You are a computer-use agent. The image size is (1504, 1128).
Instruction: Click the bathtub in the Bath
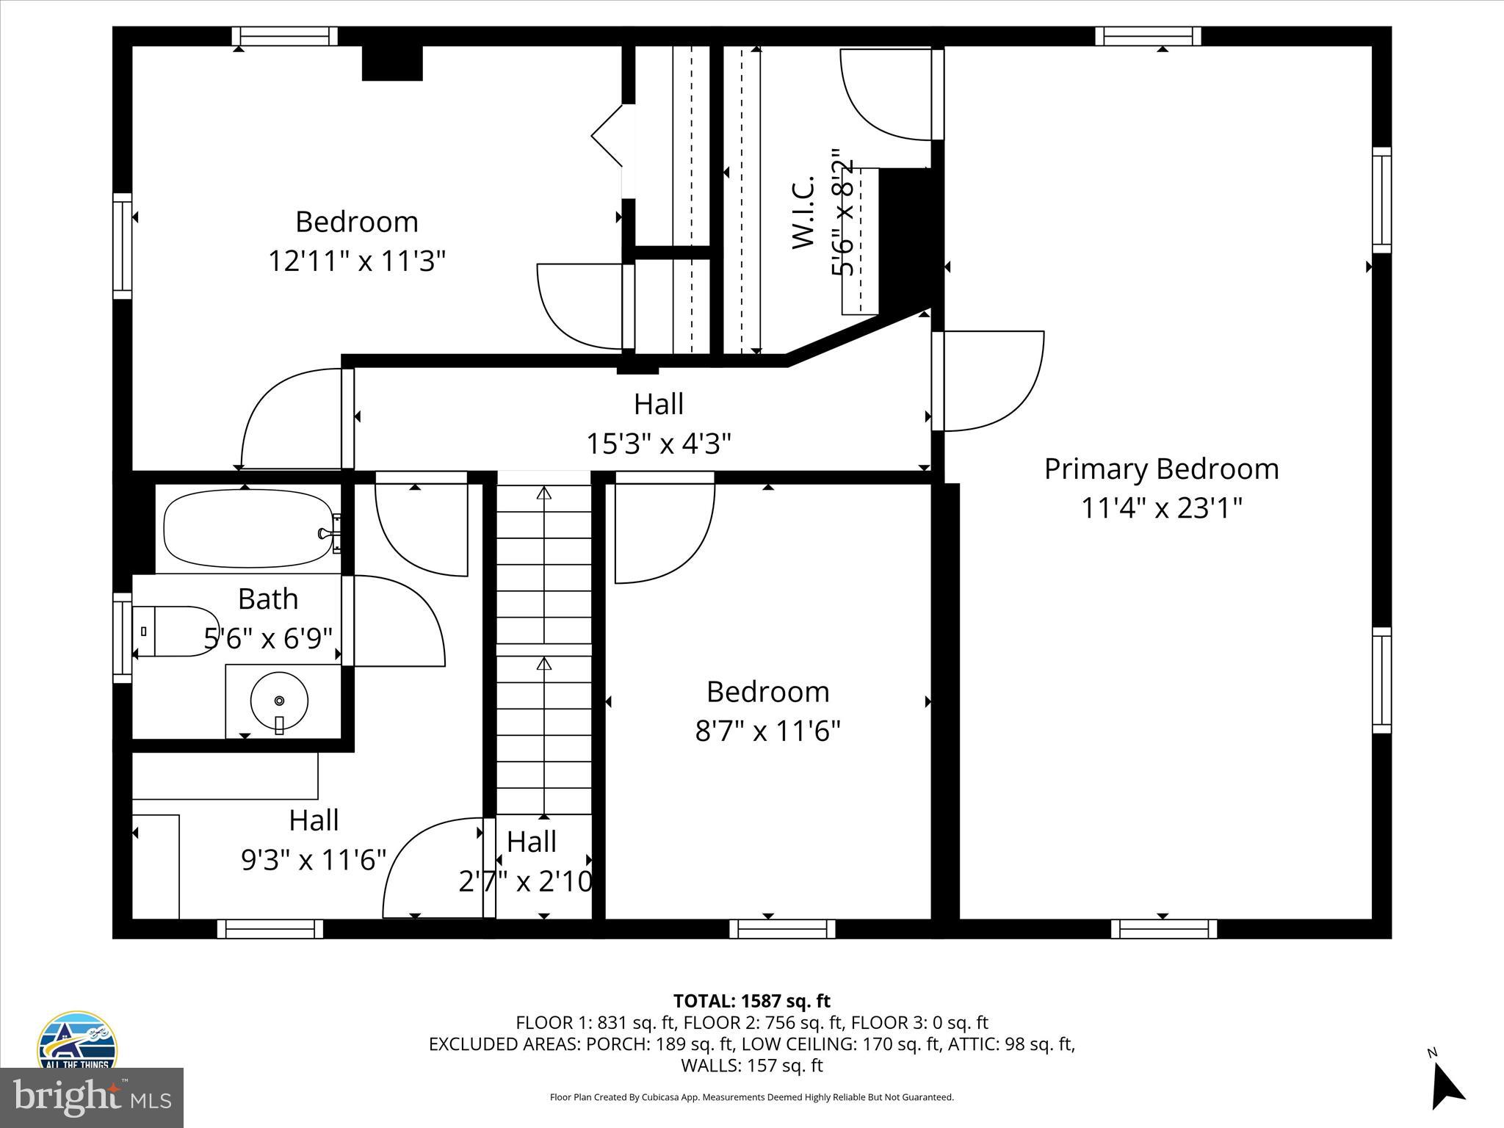[247, 529]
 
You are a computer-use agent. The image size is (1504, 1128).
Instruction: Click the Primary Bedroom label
[1161, 469]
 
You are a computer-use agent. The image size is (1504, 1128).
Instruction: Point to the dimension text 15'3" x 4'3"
[658, 444]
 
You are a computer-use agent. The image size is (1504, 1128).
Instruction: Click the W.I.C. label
[803, 213]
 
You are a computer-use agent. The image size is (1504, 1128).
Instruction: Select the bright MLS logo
[91, 1097]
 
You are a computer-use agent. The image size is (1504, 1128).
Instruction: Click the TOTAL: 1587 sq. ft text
[751, 1001]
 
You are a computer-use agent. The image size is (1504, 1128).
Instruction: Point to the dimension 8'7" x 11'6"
[767, 731]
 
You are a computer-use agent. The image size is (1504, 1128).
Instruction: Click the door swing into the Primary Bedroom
[991, 382]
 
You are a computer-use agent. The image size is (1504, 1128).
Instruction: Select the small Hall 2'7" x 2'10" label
[531, 842]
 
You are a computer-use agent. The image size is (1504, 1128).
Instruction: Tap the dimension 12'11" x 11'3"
[357, 261]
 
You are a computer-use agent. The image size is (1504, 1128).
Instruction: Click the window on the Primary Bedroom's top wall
[1148, 36]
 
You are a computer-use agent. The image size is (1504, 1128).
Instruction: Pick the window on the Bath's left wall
[122, 637]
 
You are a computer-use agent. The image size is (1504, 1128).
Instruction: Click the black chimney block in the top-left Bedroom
[392, 63]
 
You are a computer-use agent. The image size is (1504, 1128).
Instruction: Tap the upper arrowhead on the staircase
[543, 493]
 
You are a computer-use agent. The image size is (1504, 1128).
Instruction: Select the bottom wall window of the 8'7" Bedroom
[782, 929]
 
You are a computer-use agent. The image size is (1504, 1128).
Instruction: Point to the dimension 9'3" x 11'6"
[314, 859]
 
